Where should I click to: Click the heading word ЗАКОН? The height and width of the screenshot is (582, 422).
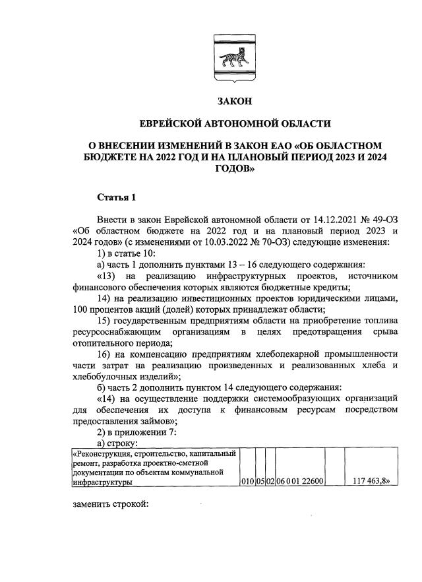pyautogui.click(x=235, y=101)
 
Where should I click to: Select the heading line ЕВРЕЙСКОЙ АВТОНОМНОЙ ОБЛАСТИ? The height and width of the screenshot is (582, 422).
pyautogui.click(x=235, y=123)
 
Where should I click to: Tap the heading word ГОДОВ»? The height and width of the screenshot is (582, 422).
pyautogui.click(x=235, y=169)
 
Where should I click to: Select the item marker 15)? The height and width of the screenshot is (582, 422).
pyautogui.click(x=105, y=320)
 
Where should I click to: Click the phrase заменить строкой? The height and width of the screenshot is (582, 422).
pyautogui.click(x=110, y=505)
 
